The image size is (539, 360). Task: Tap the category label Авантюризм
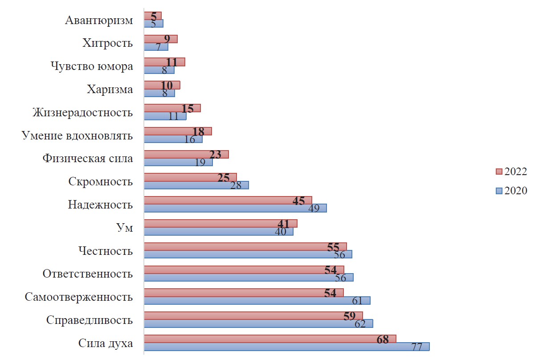[x=99, y=20]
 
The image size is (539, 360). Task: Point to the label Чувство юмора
[x=92, y=66]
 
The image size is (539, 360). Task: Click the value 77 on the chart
[x=416, y=347]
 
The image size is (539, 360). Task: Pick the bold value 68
[x=383, y=339]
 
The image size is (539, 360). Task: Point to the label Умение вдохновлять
[x=78, y=135]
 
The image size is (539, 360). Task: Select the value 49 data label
[x=314, y=209]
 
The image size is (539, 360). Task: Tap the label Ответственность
[x=88, y=274]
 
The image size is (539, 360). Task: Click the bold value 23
[x=215, y=155]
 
